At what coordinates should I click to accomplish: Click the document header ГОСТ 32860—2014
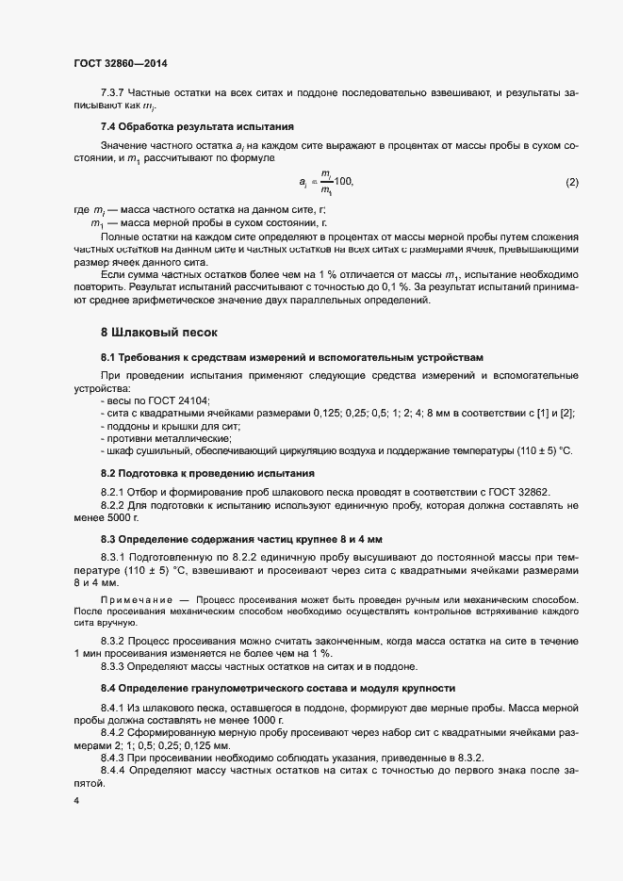click(121, 62)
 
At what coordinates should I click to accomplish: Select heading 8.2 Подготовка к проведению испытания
click(207, 472)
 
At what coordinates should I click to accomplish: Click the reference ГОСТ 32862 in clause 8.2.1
click(516, 492)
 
